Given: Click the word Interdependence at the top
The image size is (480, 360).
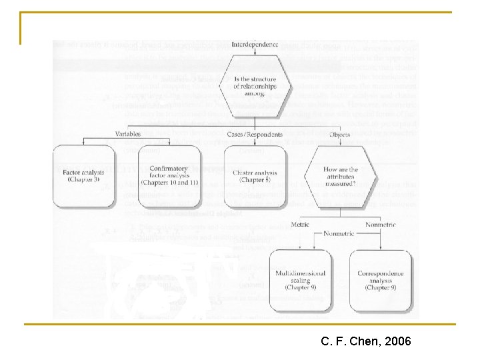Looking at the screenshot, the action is [253, 44].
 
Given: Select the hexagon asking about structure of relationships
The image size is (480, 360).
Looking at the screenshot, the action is [255, 85].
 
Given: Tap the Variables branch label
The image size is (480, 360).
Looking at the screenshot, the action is [127, 134].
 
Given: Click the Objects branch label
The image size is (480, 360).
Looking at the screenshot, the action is [340, 134].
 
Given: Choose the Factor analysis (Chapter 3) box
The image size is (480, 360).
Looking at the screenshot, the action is [81, 176].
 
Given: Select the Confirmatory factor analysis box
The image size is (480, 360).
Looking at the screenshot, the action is [169, 176].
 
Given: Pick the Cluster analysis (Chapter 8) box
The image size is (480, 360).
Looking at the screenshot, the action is [255, 176].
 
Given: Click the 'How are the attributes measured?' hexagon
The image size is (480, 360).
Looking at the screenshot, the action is [340, 175].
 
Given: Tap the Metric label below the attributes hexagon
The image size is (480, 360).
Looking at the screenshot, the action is [300, 225].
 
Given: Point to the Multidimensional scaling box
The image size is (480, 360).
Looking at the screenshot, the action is [299, 280].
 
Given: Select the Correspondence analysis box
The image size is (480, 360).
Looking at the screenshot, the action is [381, 280].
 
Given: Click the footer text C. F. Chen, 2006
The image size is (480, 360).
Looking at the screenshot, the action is [366, 342].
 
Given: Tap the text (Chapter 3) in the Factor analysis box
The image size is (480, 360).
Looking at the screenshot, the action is [81, 180].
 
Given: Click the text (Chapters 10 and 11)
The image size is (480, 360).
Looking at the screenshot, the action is [169, 183].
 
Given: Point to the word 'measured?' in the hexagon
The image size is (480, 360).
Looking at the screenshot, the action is [340, 185].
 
